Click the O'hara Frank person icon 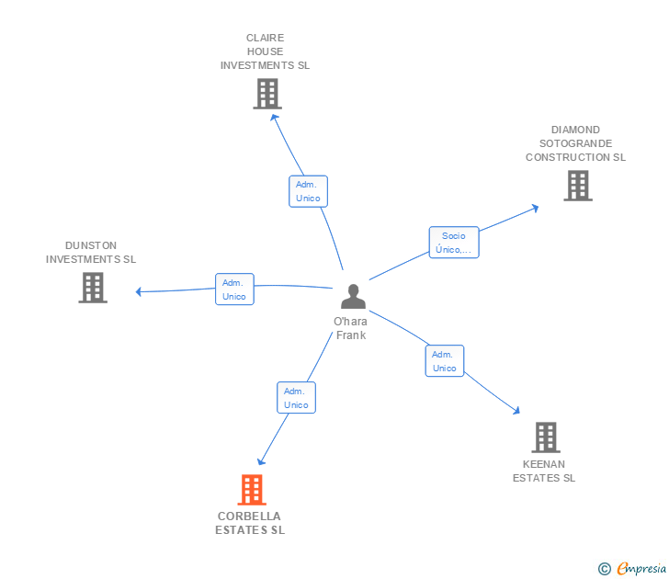(x=353, y=297)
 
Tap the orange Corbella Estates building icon (x=251, y=490)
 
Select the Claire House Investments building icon (x=266, y=94)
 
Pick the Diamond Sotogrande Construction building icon (x=577, y=186)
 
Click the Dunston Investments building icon (x=93, y=288)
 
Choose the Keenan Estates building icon (x=545, y=437)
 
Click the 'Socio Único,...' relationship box (x=453, y=243)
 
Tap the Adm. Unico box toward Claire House (x=307, y=191)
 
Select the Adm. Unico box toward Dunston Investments (x=233, y=289)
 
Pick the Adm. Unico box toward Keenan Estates (x=444, y=361)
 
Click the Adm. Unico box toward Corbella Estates (x=296, y=398)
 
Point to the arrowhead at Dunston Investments (x=139, y=292)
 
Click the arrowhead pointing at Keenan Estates (x=516, y=412)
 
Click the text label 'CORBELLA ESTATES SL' (x=250, y=523)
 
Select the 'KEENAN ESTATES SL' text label (x=544, y=471)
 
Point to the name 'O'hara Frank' (x=350, y=328)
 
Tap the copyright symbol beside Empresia (x=605, y=570)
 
